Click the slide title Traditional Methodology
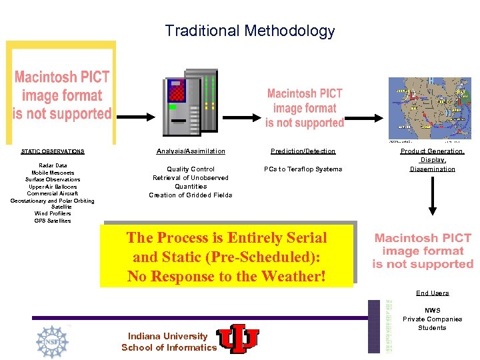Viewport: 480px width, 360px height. click(250, 31)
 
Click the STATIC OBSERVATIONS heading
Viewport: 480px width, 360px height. click(53, 151)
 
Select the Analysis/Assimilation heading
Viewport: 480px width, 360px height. click(191, 151)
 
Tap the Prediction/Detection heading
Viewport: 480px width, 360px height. click(303, 151)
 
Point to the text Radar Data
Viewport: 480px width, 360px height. click(53, 165)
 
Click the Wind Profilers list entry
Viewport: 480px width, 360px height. click(53, 213)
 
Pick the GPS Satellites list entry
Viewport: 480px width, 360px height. click(53, 221)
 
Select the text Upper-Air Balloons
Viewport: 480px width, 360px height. click(53, 187)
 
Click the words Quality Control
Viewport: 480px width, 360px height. click(191, 169)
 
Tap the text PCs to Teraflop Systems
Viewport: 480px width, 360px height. click(303, 169)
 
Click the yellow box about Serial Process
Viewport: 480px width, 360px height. click(227, 257)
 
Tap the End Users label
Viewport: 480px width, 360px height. click(433, 293)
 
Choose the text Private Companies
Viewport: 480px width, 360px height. click(433, 319)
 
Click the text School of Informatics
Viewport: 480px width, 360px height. click(169, 347)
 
